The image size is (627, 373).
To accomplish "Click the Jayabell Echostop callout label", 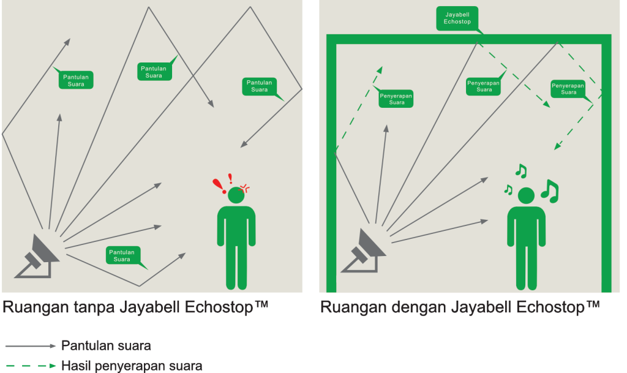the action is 457,18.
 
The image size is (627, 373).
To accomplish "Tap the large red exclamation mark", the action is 219,186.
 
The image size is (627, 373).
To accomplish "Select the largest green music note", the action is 550,191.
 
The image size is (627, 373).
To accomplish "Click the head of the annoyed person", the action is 236,195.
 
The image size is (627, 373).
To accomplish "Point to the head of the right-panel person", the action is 526,196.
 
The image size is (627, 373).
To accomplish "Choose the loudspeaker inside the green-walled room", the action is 363,251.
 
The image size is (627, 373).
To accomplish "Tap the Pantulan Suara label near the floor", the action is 122,255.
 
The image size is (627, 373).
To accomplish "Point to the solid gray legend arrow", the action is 31,346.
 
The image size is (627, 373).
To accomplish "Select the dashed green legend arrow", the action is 31,366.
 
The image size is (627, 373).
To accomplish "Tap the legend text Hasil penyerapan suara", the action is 132,366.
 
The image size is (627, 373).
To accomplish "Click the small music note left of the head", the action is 508,189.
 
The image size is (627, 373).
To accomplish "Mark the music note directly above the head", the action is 521,171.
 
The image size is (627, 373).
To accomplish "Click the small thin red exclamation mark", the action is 230,179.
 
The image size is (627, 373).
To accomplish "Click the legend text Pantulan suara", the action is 106,346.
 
